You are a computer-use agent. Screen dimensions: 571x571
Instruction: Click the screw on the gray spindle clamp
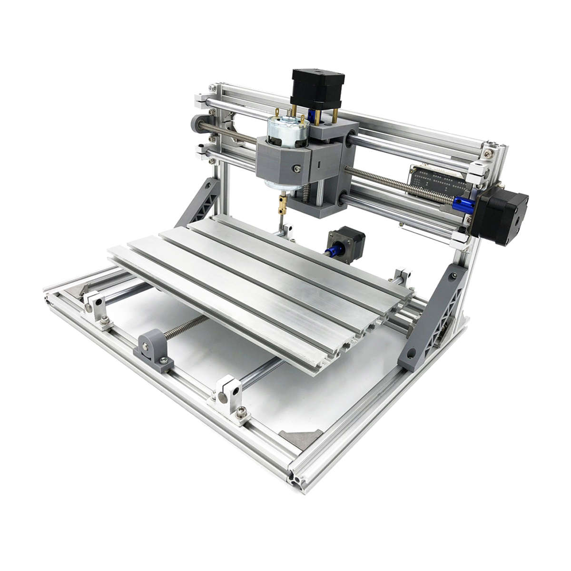tap(297, 168)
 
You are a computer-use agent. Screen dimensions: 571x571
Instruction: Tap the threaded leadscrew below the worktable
tap(188, 328)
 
